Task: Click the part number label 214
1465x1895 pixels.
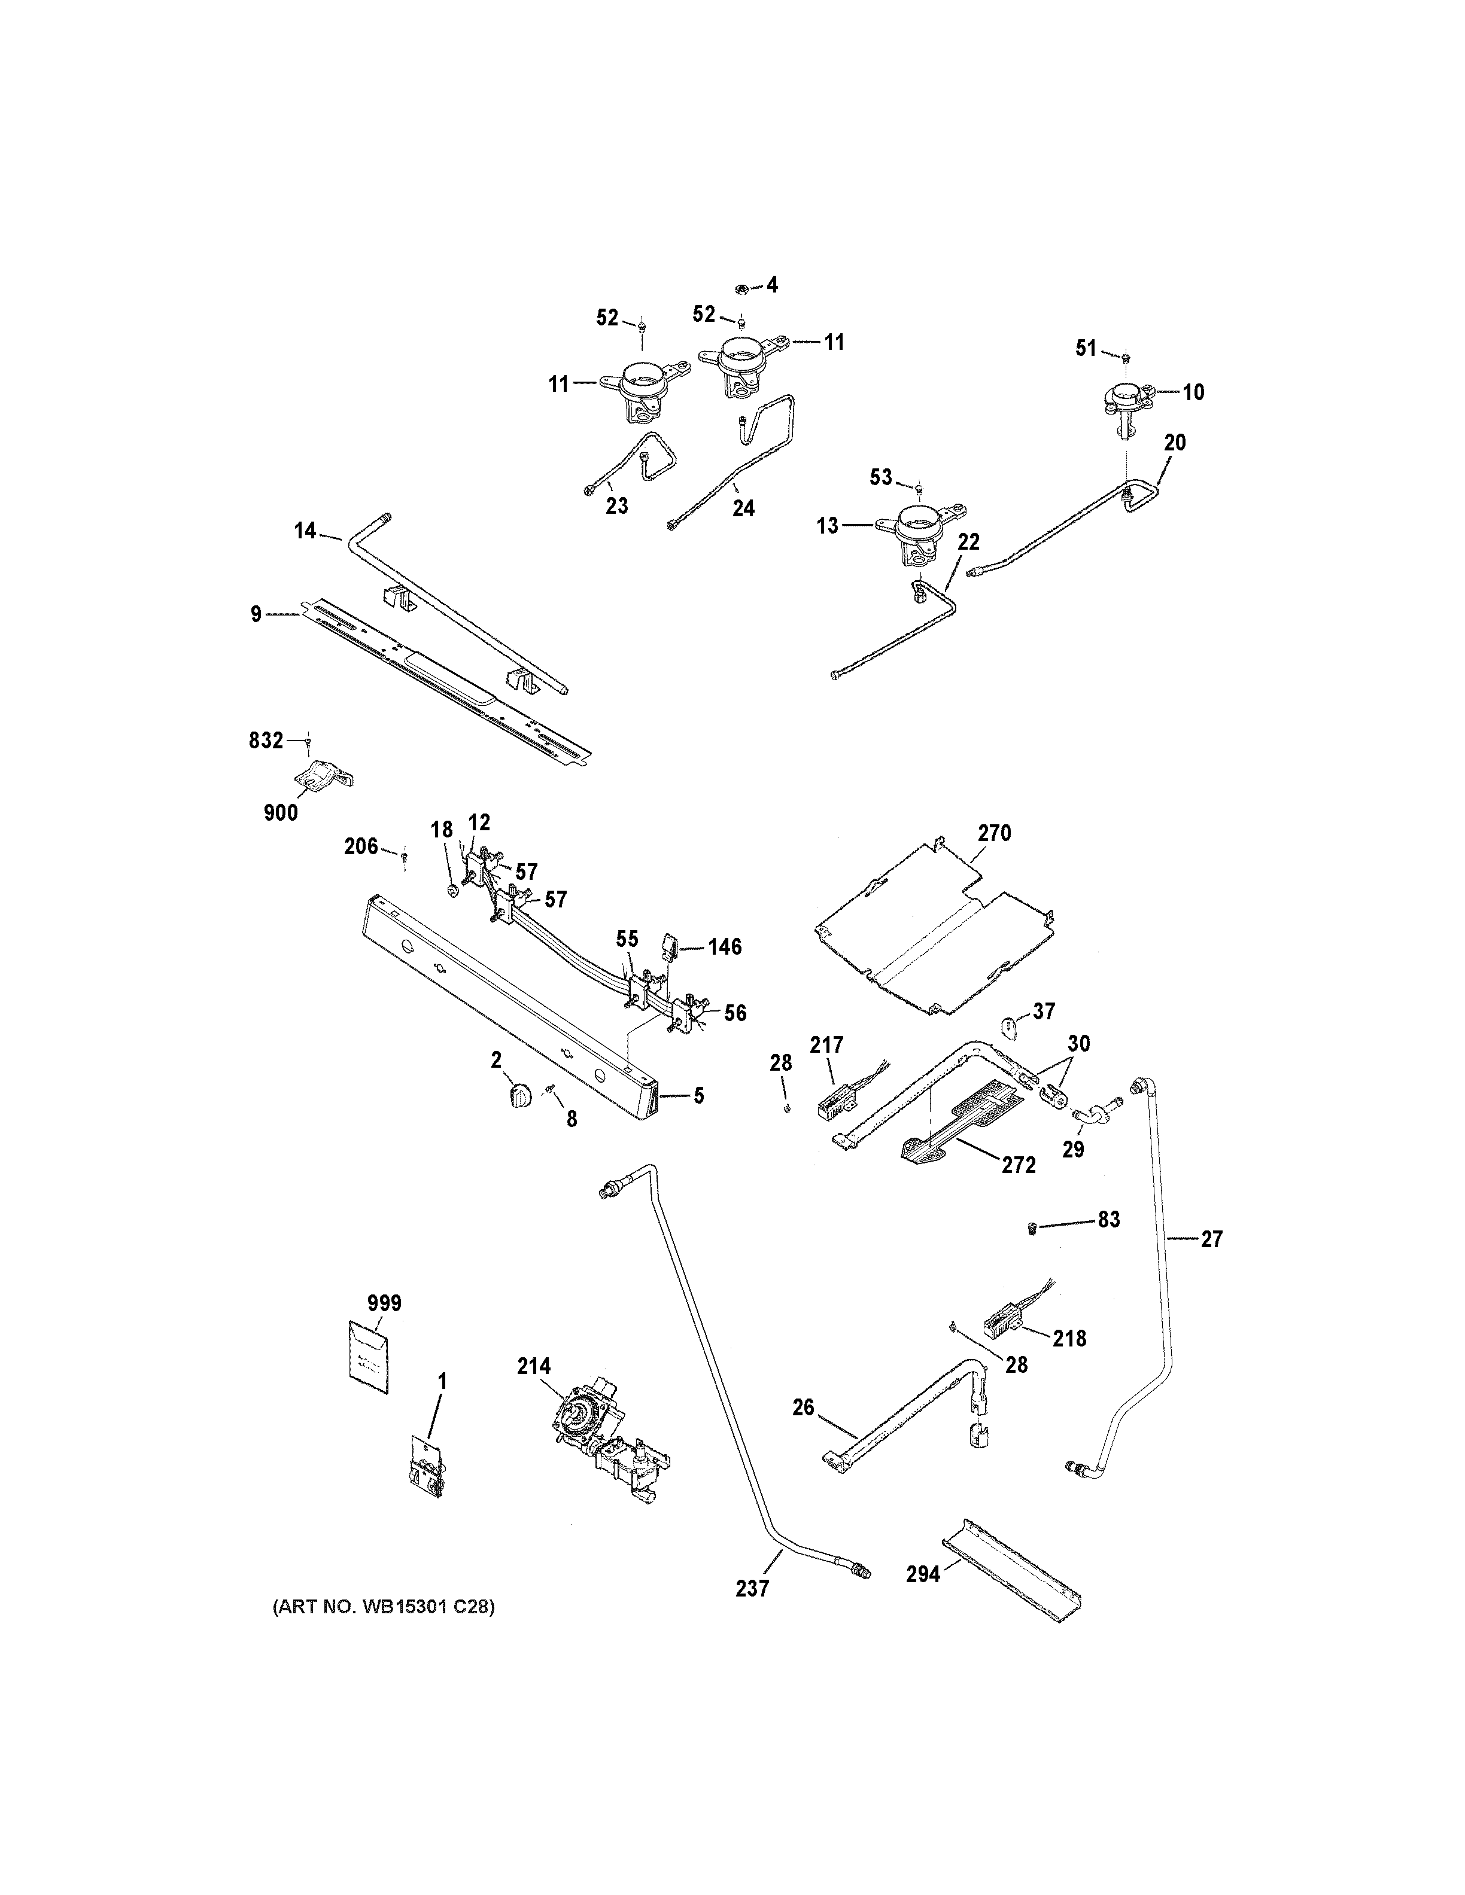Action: [534, 1367]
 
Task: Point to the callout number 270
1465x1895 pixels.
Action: [995, 833]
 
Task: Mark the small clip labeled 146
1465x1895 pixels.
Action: [671, 945]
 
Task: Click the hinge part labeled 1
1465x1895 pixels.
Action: [426, 1466]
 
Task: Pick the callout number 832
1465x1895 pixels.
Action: [266, 740]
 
